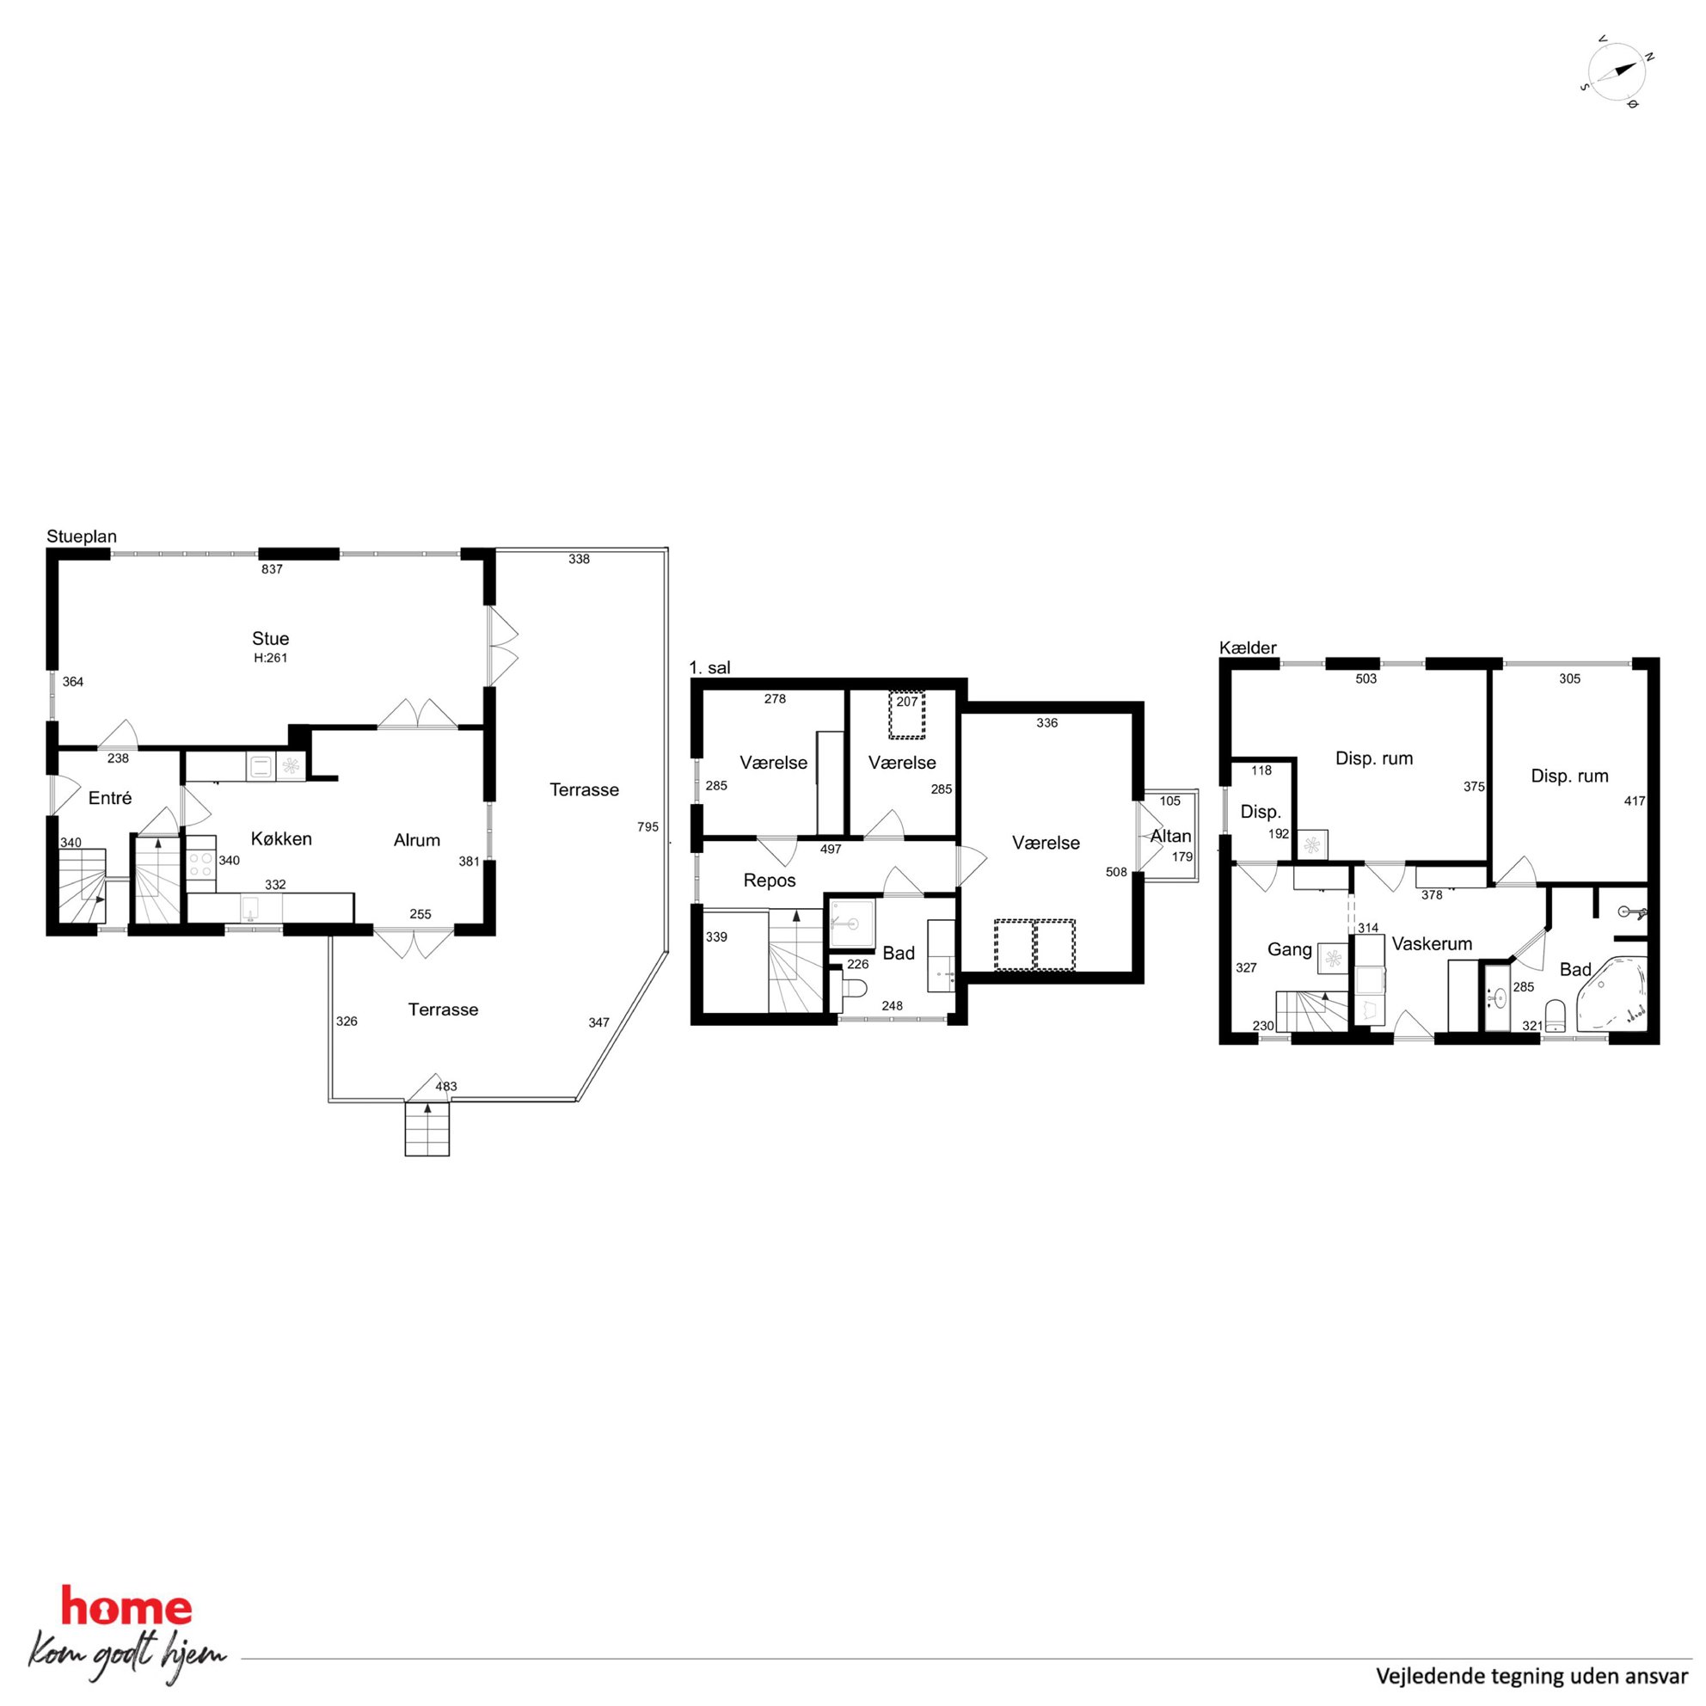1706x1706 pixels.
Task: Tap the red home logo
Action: click(x=126, y=1606)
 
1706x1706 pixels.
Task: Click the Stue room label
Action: click(x=270, y=638)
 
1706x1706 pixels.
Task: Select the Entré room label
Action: click(x=110, y=798)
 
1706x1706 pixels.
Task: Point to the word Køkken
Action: click(x=282, y=839)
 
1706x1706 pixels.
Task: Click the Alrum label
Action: click(x=417, y=840)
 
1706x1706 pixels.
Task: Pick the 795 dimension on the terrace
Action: click(x=648, y=826)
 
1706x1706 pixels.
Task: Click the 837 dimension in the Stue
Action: click(x=272, y=568)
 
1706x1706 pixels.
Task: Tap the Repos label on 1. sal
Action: click(x=770, y=881)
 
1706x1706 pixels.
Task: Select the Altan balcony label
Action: click(x=1171, y=835)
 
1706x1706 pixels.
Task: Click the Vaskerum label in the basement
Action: click(x=1433, y=943)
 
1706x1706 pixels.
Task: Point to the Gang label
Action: click(x=1289, y=949)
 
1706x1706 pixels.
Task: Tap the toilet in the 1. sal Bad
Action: click(x=854, y=993)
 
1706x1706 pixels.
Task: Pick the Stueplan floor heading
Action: click(x=81, y=537)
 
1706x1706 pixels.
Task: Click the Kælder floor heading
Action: click(x=1248, y=648)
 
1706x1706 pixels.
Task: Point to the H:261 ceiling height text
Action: click(x=270, y=658)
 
